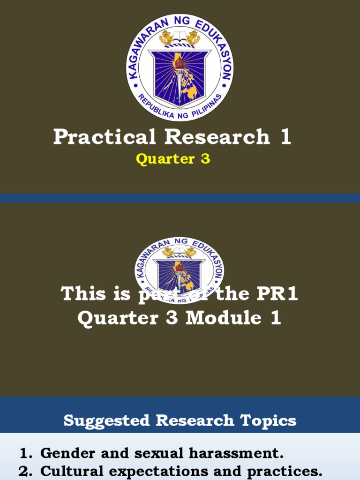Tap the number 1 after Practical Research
285,137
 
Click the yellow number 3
205,159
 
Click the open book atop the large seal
180,35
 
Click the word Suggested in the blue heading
107,420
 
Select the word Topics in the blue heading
272,420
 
